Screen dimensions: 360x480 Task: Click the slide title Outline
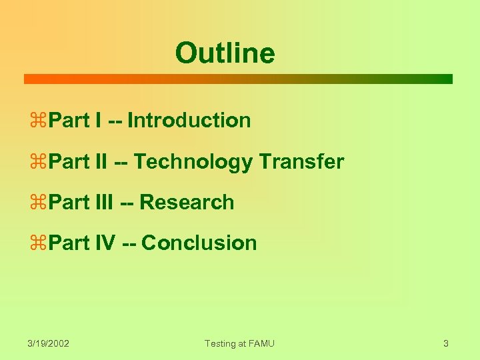click(225, 53)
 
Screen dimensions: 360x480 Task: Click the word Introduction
click(189, 121)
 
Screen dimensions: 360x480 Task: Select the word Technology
click(193, 161)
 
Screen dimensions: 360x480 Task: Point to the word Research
click(187, 202)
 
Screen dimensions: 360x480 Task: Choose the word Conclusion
click(199, 243)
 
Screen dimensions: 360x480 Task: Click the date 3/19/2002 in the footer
click(49, 343)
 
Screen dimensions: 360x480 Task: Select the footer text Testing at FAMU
click(239, 343)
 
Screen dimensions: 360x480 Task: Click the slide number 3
click(445, 343)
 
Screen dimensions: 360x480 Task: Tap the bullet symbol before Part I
click(38, 121)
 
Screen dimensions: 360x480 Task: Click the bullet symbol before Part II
click(38, 162)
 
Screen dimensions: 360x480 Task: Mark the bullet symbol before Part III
click(38, 203)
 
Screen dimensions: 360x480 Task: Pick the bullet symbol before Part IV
click(38, 243)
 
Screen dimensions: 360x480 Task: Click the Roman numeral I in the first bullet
click(99, 121)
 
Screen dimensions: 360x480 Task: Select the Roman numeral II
click(101, 161)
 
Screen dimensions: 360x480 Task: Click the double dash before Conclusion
click(130, 243)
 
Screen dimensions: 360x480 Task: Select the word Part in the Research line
click(70, 202)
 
